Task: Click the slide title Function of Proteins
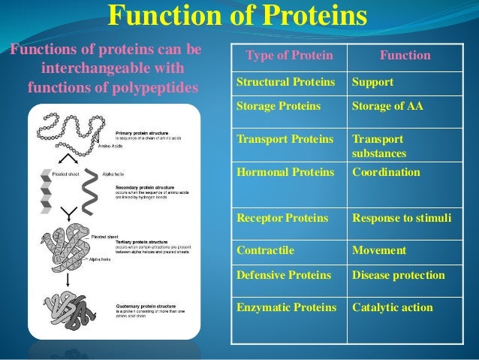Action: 239,17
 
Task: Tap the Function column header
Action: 405,56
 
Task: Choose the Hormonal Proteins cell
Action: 285,173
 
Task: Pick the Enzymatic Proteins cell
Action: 285,307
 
